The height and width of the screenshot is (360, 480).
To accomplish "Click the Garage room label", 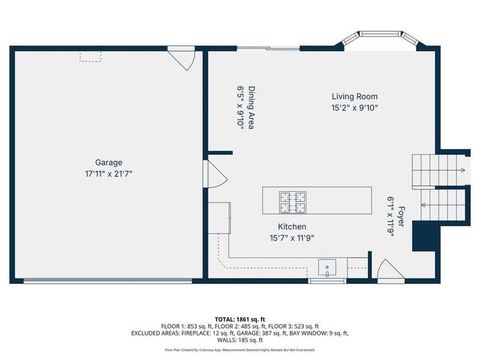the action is (109, 163).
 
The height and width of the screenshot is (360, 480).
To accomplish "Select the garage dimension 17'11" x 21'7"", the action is (109, 174).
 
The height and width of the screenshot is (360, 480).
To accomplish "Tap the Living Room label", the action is (355, 97).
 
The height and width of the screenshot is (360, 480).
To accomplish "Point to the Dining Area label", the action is (251, 108).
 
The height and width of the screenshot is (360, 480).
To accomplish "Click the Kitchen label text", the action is (292, 227).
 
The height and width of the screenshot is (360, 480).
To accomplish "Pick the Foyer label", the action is (401, 217).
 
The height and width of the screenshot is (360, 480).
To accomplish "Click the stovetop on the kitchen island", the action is (293, 202).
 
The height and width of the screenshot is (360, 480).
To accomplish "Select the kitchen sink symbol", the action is (327, 268).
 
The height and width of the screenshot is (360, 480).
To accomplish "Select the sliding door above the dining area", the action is (268, 48).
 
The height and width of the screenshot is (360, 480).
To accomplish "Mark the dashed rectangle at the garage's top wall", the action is (91, 56).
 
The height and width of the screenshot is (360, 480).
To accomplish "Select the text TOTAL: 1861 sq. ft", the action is (240, 320).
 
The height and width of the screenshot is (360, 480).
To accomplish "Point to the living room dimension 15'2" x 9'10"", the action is (355, 108).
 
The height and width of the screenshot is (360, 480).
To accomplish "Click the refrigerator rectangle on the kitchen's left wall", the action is (220, 218).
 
